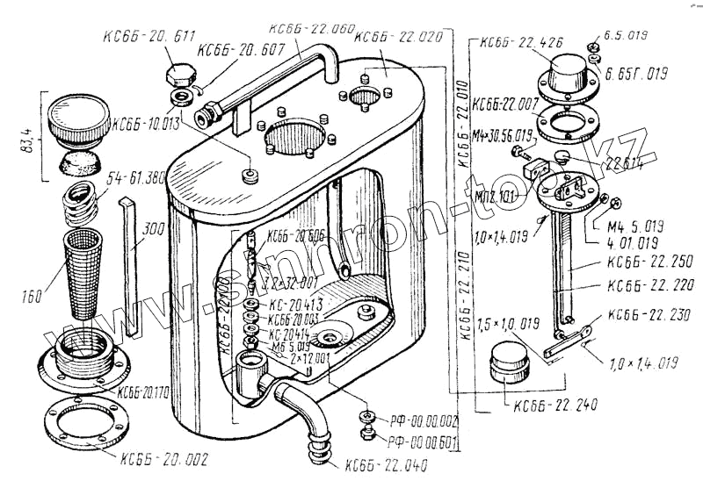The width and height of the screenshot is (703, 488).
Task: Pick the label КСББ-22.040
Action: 388,464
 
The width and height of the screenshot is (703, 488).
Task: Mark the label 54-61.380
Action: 135,178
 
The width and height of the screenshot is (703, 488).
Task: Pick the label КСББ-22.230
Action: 646,314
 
